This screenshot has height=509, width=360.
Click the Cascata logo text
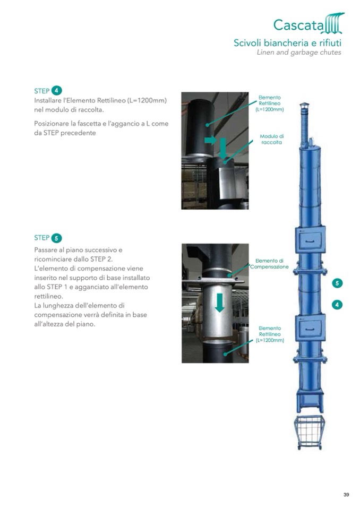[298, 24]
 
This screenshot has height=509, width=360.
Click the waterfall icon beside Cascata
[333, 23]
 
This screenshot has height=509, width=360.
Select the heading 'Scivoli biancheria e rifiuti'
[287, 42]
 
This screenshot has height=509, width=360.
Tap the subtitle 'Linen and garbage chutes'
[299, 52]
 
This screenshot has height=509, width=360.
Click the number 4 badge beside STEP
[57, 91]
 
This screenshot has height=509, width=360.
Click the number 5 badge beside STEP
[56, 238]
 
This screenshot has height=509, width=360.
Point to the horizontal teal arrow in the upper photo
[210, 140]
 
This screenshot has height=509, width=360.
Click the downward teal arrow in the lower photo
[220, 303]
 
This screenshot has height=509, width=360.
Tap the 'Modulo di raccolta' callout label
[272, 139]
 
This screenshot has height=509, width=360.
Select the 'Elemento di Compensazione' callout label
[269, 264]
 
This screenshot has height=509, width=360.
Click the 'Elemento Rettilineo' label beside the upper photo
[269, 103]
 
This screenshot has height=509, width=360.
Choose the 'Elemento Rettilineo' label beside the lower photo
[270, 334]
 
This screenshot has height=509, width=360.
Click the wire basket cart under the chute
[310, 433]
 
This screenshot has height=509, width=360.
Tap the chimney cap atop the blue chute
[304, 106]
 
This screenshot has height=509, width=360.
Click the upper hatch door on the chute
[310, 240]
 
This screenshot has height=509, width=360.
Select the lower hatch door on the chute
[310, 328]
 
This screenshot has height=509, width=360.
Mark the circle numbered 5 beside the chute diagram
[337, 283]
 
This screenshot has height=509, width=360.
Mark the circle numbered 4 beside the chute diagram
[337, 305]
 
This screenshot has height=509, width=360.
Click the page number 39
[346, 495]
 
